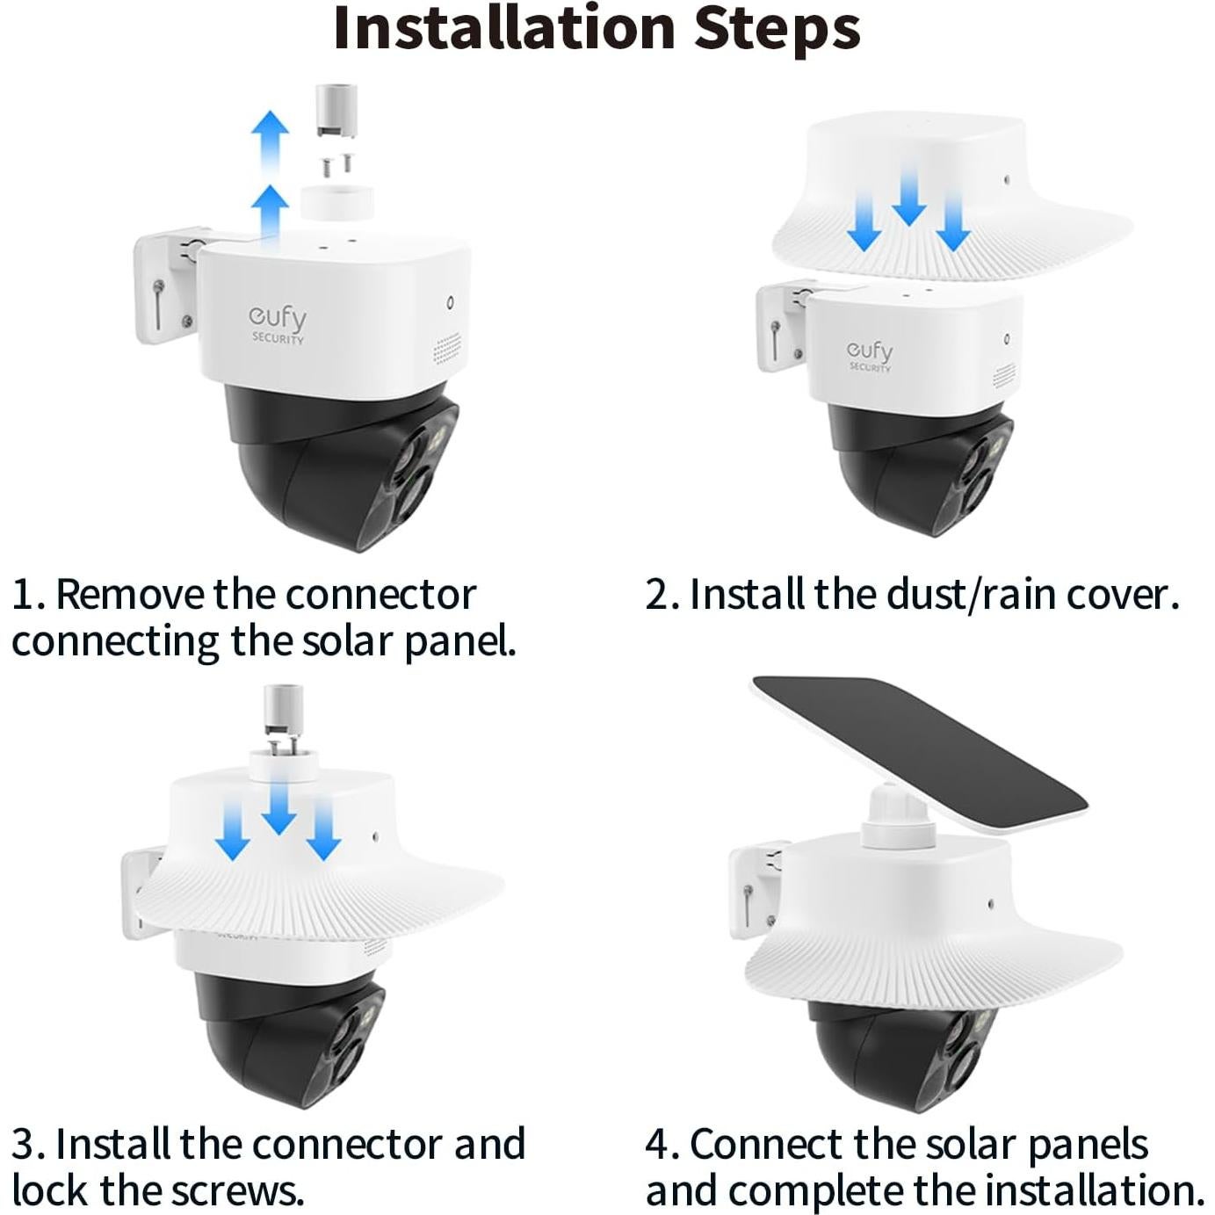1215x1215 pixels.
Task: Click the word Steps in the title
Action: (777, 28)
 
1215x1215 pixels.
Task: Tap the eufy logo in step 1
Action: (278, 322)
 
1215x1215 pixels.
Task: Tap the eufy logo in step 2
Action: (870, 353)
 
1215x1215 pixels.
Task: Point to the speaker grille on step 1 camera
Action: (447, 349)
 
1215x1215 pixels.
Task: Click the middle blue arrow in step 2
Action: (908, 198)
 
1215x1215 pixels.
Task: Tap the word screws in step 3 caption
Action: (236, 1190)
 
